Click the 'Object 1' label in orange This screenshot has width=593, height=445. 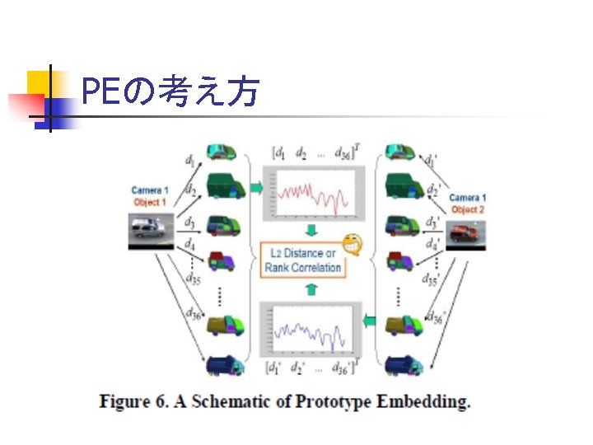click(150, 202)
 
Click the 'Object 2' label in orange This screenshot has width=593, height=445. click(468, 209)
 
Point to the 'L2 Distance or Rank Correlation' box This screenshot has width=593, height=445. click(301, 260)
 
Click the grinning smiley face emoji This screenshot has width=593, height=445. click(352, 244)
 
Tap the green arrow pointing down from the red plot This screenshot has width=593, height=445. click(311, 229)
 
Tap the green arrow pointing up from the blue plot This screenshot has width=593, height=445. click(311, 288)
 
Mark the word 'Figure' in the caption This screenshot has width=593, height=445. click(125, 402)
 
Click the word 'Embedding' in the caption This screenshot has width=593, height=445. click(425, 402)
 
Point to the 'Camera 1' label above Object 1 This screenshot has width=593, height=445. click(150, 190)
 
